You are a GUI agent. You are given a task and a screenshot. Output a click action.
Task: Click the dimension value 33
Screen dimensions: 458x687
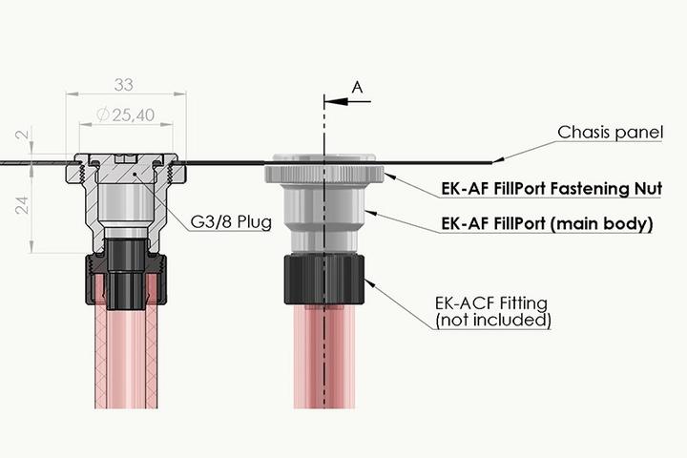pos(125,84)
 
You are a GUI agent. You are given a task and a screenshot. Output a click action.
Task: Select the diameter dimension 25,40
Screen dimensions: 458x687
pos(125,115)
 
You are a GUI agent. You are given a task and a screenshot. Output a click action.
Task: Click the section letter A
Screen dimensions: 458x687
pos(358,87)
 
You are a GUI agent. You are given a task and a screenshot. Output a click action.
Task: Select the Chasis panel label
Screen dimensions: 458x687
pos(610,133)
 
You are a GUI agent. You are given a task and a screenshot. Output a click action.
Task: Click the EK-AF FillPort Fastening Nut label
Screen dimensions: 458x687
pos(552,189)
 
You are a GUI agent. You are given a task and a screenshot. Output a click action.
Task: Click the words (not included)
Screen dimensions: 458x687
pos(493,321)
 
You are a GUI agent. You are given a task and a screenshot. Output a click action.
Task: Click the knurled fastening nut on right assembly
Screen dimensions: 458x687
pos(324,174)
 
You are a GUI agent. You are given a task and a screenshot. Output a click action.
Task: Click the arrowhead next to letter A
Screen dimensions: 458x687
pos(330,98)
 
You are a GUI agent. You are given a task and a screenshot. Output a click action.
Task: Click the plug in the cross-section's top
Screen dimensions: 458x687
pos(125,172)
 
